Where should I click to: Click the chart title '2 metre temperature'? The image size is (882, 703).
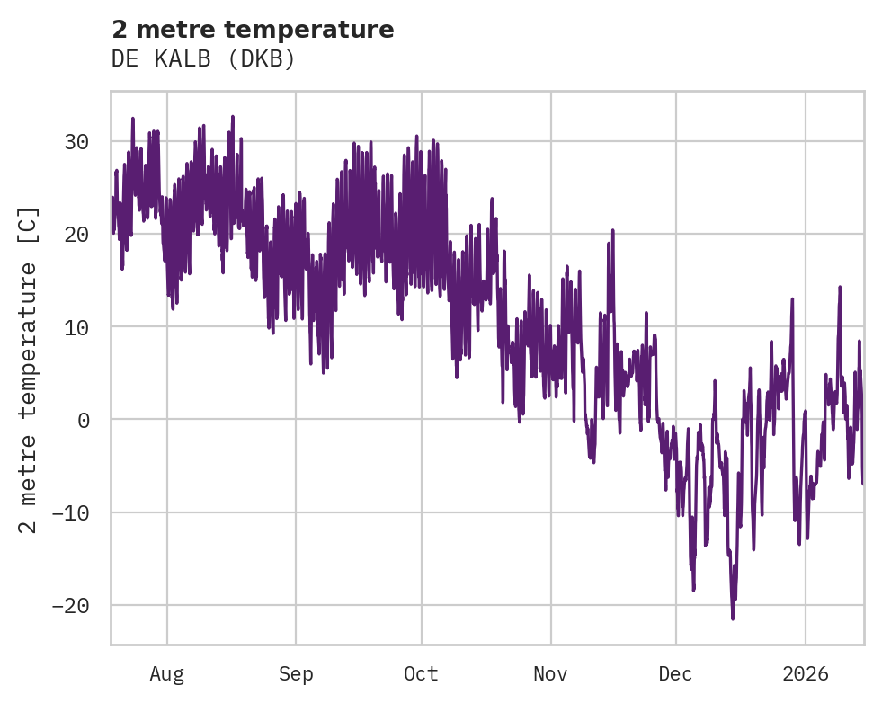pos(253,30)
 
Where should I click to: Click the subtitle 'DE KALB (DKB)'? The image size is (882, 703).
pos(203,58)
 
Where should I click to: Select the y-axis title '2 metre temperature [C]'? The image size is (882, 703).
pos(29,370)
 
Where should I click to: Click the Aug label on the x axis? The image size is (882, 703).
pos(167,673)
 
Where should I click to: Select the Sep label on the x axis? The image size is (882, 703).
pos(295,673)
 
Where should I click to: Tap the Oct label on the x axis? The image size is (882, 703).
pos(421,673)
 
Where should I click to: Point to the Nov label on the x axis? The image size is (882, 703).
pos(550,673)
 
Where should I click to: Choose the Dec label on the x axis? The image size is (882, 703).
pos(675,673)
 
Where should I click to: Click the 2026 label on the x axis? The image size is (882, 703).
pos(806,673)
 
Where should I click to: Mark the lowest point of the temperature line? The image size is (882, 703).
pos(733,618)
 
